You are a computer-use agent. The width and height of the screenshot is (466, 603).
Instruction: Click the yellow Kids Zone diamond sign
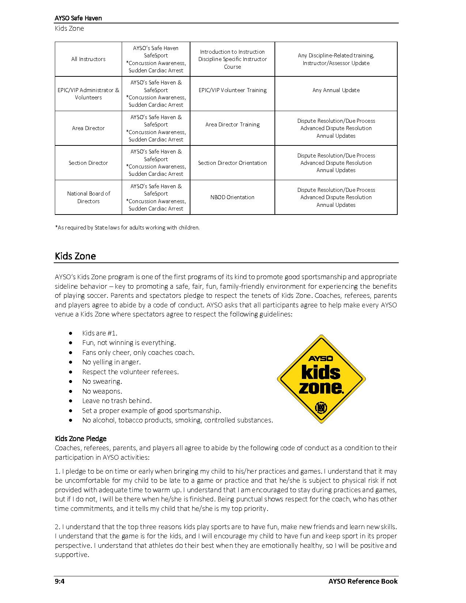(321, 379)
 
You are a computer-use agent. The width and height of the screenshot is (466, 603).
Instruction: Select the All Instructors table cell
(88, 59)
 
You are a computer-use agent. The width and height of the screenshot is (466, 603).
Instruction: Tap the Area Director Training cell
(232, 125)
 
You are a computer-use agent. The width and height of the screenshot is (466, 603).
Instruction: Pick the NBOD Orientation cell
(232, 197)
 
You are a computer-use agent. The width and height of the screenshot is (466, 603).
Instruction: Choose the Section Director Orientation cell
(232, 163)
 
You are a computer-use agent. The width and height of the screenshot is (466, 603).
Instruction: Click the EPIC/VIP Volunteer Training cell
(232, 90)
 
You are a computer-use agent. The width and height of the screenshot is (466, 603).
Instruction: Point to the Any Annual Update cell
(336, 90)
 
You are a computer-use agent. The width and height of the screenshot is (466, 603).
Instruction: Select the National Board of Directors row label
(88, 197)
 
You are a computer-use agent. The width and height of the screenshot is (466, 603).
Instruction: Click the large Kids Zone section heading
(75, 256)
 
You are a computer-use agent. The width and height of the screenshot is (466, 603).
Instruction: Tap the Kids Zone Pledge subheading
(81, 439)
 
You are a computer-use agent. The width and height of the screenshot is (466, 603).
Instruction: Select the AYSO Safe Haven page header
(78, 18)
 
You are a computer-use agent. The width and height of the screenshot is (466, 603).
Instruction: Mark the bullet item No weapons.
(102, 391)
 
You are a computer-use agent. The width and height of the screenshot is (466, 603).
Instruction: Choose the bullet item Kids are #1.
(100, 333)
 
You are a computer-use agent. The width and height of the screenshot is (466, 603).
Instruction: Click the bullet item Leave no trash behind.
(117, 401)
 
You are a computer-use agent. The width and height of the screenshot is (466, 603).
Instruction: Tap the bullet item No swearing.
(102, 381)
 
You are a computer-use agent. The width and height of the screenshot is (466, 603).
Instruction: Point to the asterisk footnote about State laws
(127, 228)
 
